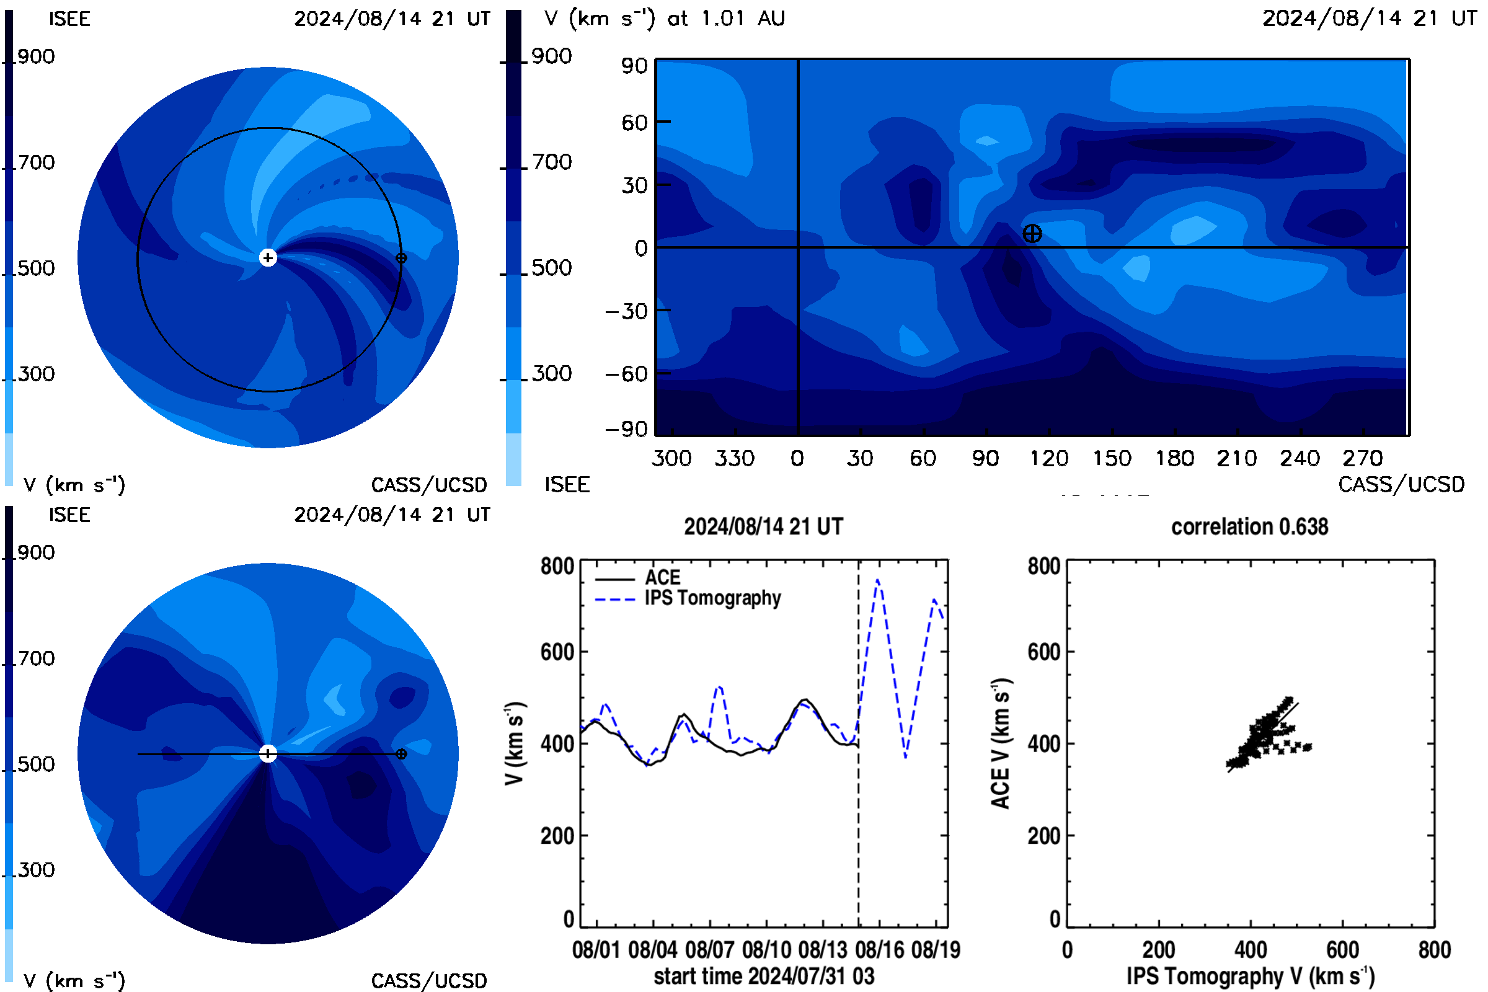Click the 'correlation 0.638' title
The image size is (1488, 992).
click(1249, 527)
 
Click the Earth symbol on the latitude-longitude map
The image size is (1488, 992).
click(1032, 234)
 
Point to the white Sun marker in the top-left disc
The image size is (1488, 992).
click(268, 257)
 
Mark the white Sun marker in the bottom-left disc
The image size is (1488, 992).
click(268, 753)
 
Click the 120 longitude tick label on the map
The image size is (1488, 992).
click(1049, 458)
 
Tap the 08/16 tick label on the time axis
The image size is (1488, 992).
click(879, 950)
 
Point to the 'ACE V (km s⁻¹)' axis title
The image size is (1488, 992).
click(1001, 743)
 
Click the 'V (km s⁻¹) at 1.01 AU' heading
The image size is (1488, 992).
click(664, 18)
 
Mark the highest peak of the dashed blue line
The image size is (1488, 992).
click(877, 580)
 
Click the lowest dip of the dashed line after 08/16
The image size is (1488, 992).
click(906, 756)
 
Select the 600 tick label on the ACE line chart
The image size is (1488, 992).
click(557, 652)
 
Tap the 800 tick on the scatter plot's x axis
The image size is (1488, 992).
click(1434, 950)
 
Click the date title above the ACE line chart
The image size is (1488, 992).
click(764, 527)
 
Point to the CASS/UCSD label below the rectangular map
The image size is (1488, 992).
click(1401, 484)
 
